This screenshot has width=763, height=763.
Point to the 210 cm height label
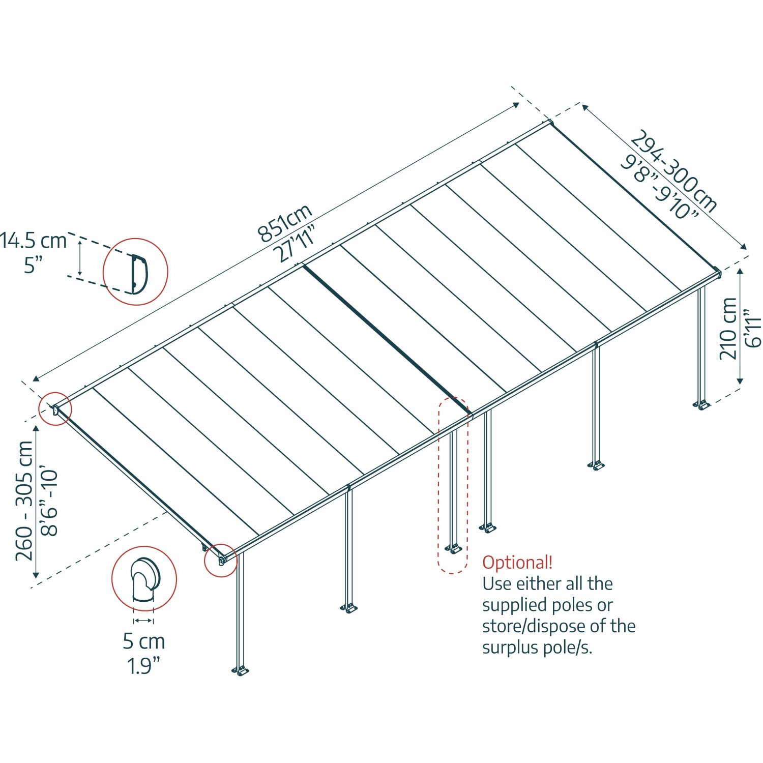(728, 329)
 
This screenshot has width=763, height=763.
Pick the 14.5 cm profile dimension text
(34, 241)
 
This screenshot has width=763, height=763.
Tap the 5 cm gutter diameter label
(143, 641)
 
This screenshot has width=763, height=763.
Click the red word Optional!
(517, 563)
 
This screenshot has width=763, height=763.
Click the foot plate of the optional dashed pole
(452, 549)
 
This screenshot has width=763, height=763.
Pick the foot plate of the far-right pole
(701, 405)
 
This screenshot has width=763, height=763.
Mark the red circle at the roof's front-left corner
(221, 560)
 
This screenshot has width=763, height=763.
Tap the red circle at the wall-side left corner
(55, 409)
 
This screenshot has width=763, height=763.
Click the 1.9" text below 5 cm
(143, 666)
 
